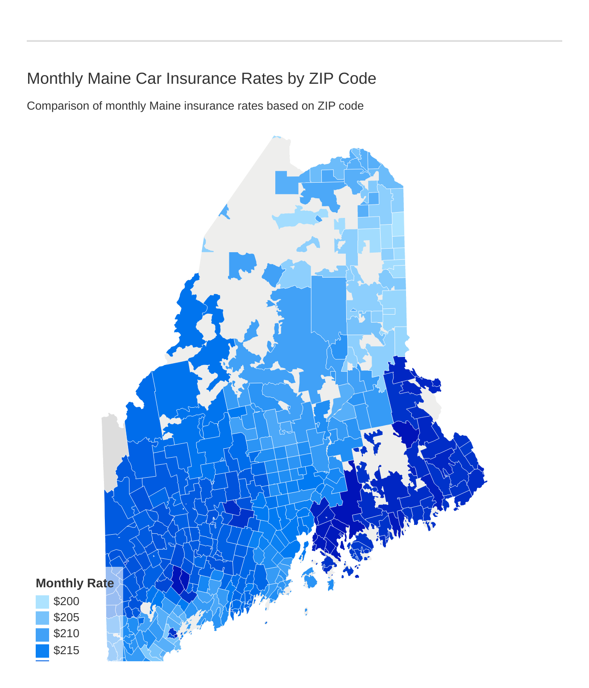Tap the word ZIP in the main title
pyautogui.click(x=319, y=78)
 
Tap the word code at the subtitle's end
pyautogui.click(x=352, y=106)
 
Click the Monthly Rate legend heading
pyautogui.click(x=75, y=583)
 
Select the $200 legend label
pyautogui.click(x=66, y=602)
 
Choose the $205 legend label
pyautogui.click(x=66, y=618)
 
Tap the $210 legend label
pyautogui.click(x=66, y=634)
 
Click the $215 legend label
pyautogui.click(x=66, y=651)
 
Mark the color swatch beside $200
pyautogui.click(x=42, y=602)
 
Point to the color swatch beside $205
pyautogui.click(x=42, y=618)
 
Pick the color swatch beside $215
pyautogui.click(x=42, y=651)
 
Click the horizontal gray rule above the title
pyautogui.click(x=294, y=41)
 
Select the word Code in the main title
pyautogui.click(x=357, y=78)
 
